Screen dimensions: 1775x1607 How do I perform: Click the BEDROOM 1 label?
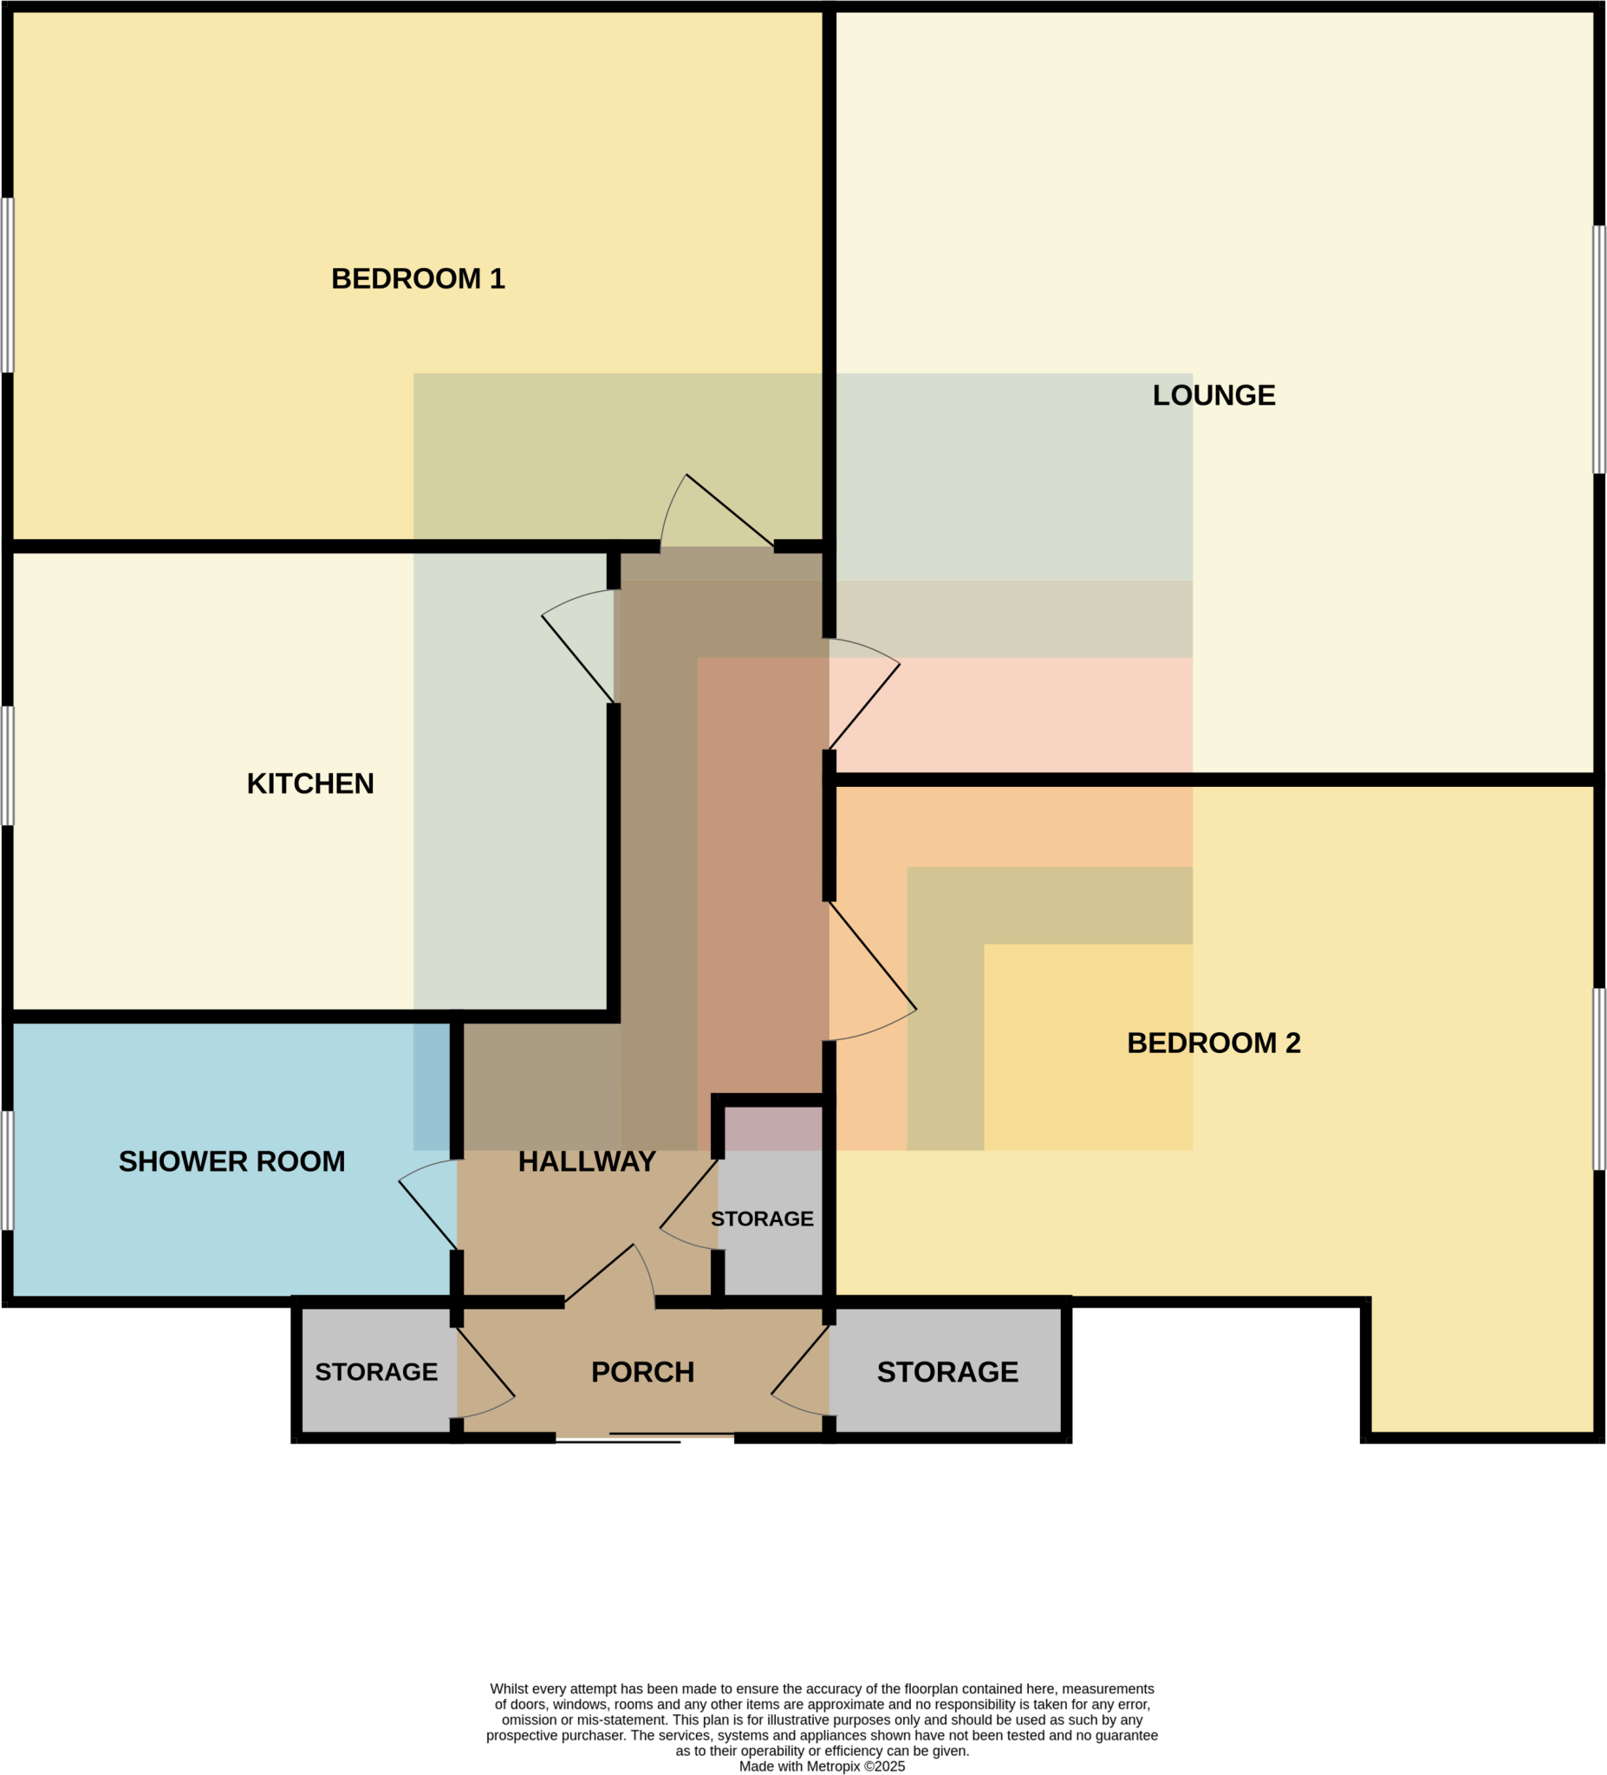[418, 279]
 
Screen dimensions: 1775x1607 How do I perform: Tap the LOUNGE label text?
[1213, 395]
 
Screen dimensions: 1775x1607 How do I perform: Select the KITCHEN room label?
[310, 783]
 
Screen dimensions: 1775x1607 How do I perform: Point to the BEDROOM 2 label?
[1213, 1044]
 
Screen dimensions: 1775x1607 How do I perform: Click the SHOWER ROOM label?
[231, 1162]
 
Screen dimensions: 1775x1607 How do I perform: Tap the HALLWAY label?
[587, 1162]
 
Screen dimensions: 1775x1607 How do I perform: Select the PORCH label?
[642, 1373]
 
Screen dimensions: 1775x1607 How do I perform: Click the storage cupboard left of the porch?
[376, 1373]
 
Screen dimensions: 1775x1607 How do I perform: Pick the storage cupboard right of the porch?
[947, 1373]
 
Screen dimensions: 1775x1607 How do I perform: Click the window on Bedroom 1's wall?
[7, 285]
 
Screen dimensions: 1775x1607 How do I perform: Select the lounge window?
[1599, 349]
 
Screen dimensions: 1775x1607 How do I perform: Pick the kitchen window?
[7, 766]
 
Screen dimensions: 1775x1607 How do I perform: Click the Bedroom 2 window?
[1599, 1078]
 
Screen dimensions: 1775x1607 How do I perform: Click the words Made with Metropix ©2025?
[822, 1766]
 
